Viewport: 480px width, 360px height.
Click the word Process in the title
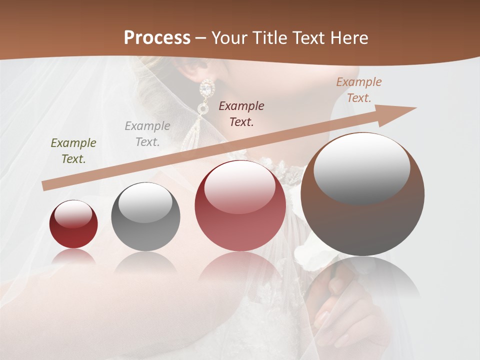[x=157, y=38]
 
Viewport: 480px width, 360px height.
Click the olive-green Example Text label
[x=73, y=151]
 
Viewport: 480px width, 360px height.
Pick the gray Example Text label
[x=147, y=134]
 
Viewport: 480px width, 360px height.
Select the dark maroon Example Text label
[x=241, y=113]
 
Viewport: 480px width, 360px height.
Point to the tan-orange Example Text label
[x=358, y=90]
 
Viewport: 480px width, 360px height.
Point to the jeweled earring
[x=205, y=95]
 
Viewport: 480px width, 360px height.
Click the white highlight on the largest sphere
[x=361, y=167]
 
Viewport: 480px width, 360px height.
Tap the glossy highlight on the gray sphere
[x=145, y=202]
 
